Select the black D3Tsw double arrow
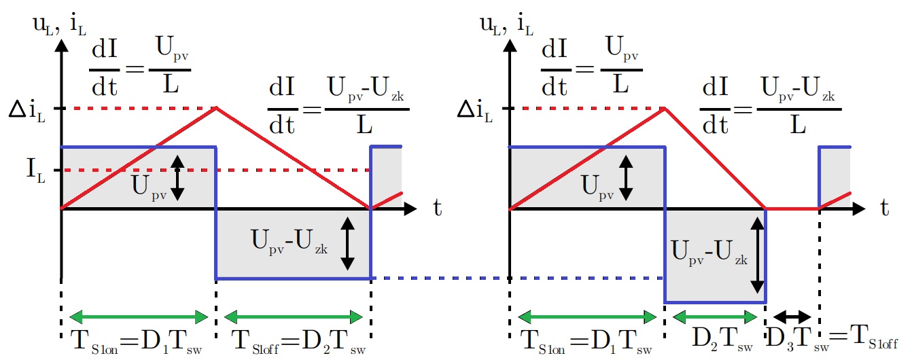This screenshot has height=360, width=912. pyautogui.click(x=793, y=317)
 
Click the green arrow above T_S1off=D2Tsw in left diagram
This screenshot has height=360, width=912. pyautogui.click(x=293, y=317)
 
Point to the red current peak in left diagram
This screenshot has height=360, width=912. pyautogui.click(x=216, y=107)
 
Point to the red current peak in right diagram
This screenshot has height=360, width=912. pyautogui.click(x=664, y=107)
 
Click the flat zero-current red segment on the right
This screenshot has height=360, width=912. pyautogui.click(x=792, y=209)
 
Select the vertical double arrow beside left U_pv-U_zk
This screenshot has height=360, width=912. pyautogui.click(x=347, y=244)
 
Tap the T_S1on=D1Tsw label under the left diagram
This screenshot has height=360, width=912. pyautogui.click(x=137, y=340)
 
